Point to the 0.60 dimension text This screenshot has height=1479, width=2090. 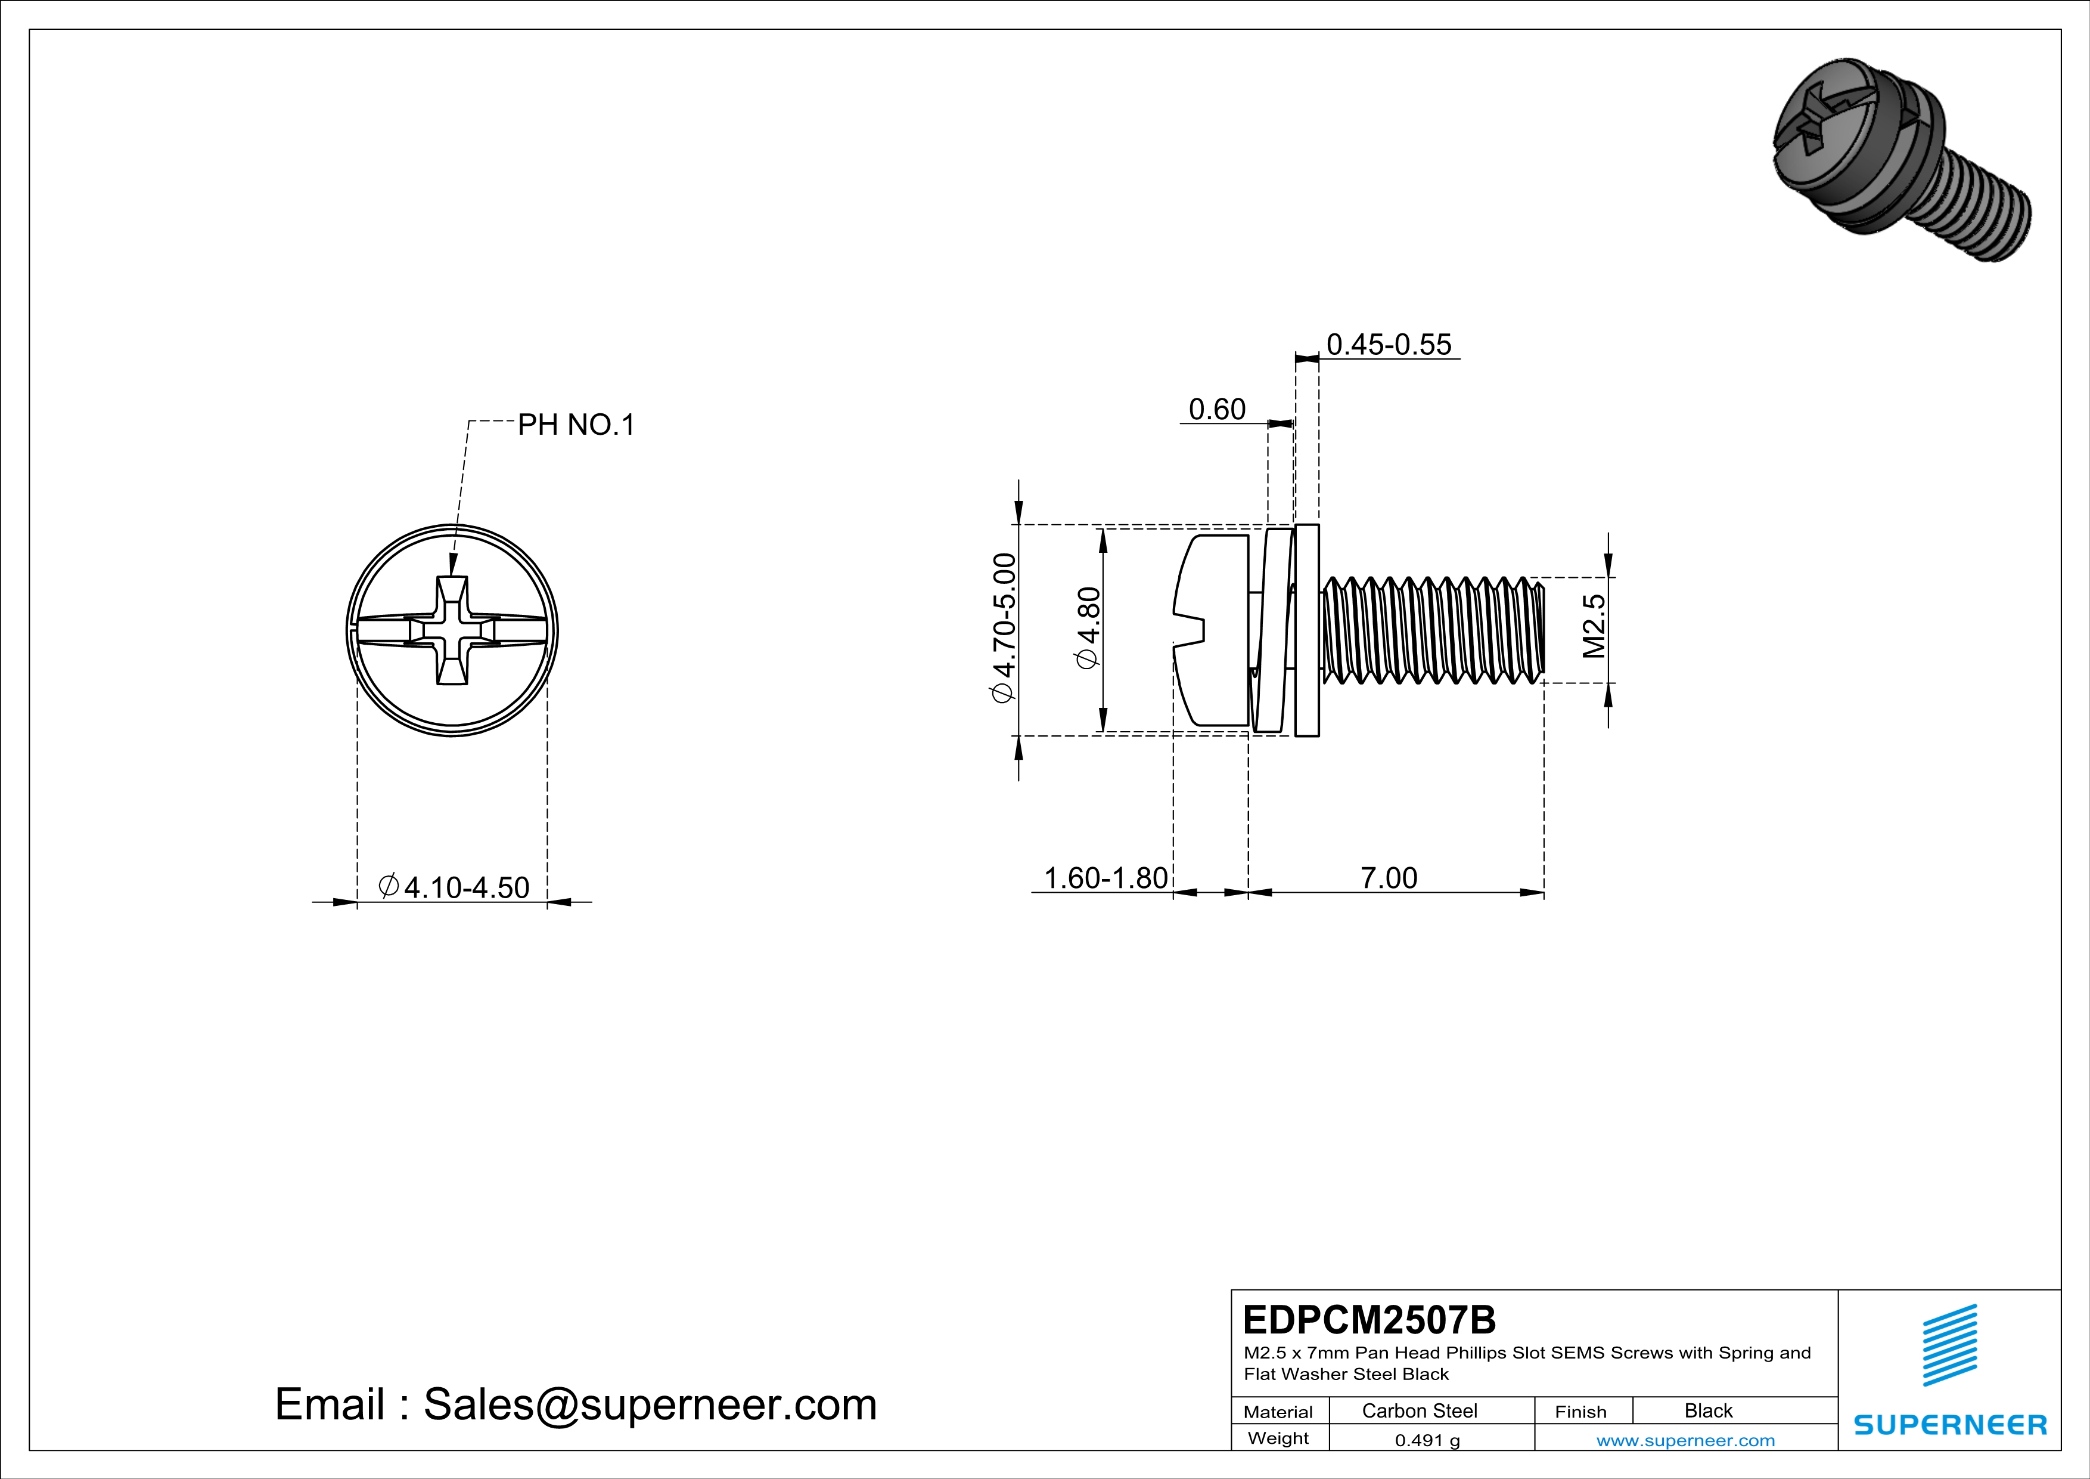coord(1216,409)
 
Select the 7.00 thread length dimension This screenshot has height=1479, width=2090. coord(1388,877)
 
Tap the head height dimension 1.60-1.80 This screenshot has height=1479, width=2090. coord(1104,877)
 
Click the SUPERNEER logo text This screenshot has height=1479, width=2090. coord(1950,1424)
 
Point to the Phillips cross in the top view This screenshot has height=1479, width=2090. coord(452,630)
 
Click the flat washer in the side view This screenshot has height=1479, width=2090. coord(1306,630)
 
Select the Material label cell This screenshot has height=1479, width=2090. coord(1278,1412)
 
